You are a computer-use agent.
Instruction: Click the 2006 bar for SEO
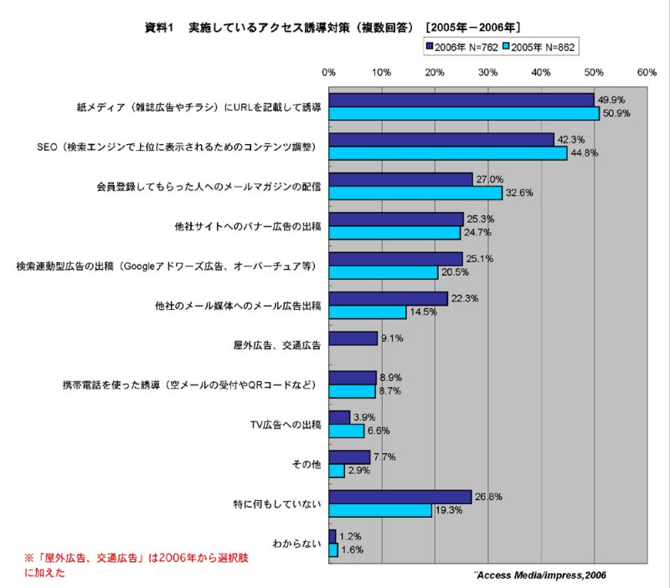pos(441,140)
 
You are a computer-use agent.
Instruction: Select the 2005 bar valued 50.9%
pos(464,113)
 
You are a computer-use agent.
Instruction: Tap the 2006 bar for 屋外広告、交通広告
pos(353,338)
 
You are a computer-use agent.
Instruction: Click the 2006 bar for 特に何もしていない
pos(400,497)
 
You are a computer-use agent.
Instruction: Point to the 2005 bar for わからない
pos(333,550)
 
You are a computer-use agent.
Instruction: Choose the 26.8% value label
pos(488,497)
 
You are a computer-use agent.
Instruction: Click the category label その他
pos(307,464)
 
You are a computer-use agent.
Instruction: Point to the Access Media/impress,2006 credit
pos(540,575)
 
